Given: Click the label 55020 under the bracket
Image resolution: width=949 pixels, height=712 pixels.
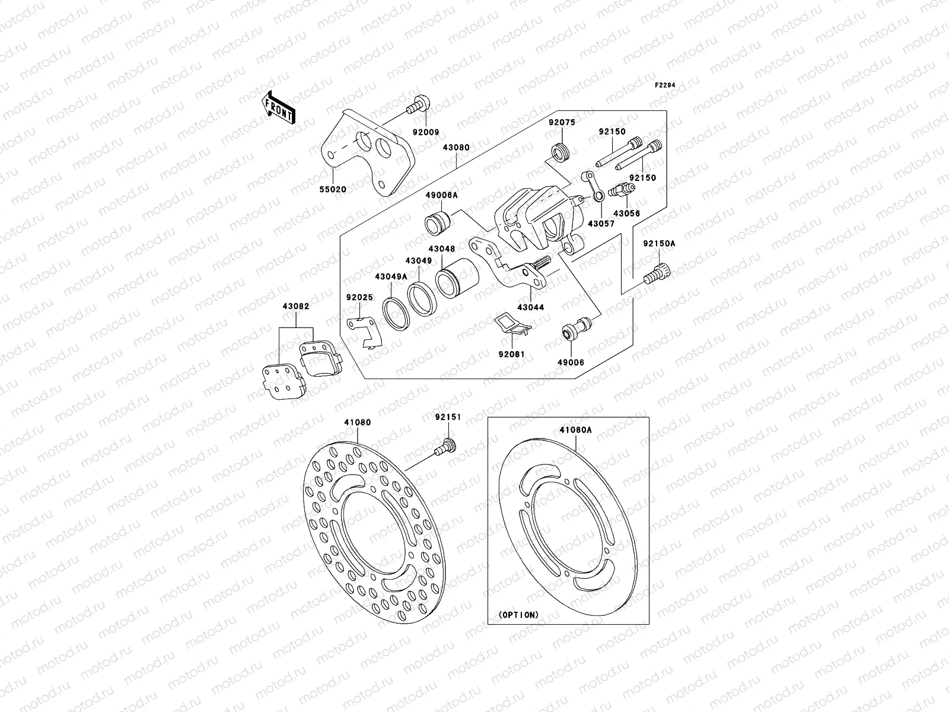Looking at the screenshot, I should pyautogui.click(x=333, y=189).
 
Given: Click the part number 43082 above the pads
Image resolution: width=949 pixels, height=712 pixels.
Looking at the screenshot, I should pyautogui.click(x=297, y=306).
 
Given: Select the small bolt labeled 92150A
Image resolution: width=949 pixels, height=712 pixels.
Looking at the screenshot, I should pyautogui.click(x=658, y=274).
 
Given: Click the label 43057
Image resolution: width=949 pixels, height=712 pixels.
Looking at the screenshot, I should pyautogui.click(x=601, y=224).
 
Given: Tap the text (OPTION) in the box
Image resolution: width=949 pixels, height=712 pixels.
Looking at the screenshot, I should pyautogui.click(x=518, y=615).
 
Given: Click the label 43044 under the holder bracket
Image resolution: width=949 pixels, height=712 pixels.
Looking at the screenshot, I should pyautogui.click(x=530, y=307).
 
